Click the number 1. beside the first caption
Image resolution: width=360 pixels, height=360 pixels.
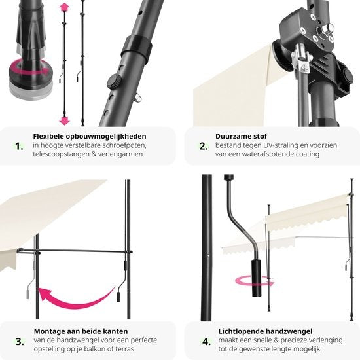tap(19, 146)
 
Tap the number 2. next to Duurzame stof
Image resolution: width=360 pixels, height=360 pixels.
tap(204, 146)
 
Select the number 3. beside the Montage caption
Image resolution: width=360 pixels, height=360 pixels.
tap(20, 342)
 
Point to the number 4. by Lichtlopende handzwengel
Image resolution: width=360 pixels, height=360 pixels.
tap(206, 342)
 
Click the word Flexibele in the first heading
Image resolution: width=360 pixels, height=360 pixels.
tap(48, 136)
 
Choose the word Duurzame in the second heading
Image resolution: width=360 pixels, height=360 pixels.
tap(230, 136)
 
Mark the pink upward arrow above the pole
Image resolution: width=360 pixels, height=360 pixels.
tap(64, 8)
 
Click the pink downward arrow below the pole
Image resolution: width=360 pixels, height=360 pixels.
tap(64, 120)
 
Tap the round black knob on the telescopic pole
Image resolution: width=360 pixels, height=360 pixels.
tap(114, 82)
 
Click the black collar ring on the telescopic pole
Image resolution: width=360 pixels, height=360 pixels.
tap(136, 48)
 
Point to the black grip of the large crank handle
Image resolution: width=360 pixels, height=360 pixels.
tap(257, 278)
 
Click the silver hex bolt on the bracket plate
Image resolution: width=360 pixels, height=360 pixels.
tap(325, 29)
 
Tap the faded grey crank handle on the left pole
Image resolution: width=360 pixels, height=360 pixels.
tap(31, 276)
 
